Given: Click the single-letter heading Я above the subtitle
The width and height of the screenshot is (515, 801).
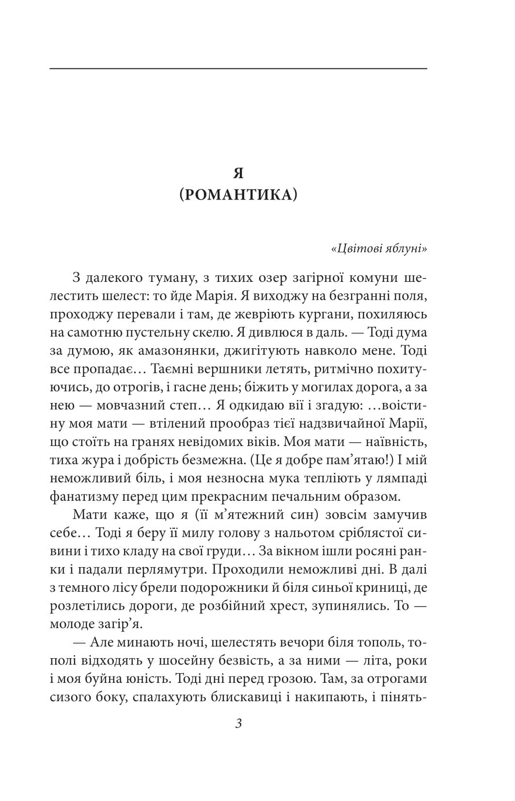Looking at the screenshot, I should (x=238, y=173).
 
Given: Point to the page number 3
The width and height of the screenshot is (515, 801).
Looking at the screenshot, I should (x=238, y=724).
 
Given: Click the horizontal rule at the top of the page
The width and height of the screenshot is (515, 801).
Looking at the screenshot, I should (x=238, y=69).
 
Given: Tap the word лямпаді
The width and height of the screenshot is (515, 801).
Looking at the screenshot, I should (x=401, y=478).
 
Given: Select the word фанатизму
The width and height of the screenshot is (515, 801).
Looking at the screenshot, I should (x=86, y=497).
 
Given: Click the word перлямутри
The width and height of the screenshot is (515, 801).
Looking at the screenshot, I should (x=166, y=570).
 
